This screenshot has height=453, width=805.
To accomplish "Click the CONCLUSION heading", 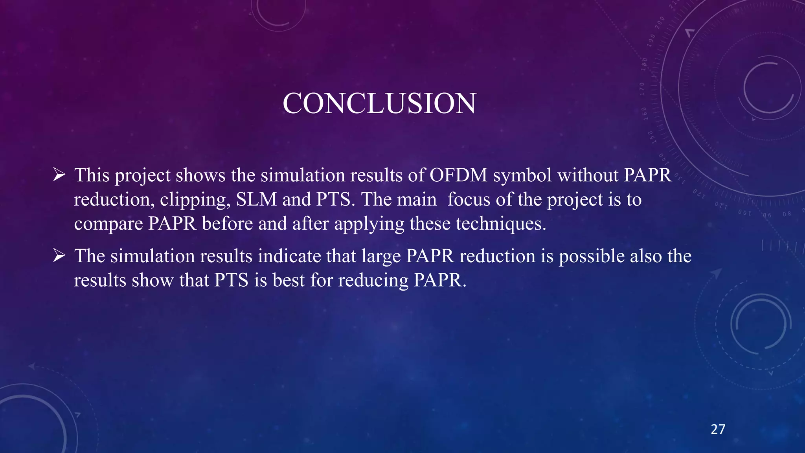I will point(379,103).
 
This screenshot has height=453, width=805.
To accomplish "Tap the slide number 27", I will point(718,429).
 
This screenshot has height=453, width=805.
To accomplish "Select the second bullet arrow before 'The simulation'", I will point(59,256).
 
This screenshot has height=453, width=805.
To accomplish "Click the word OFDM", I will point(458,175).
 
